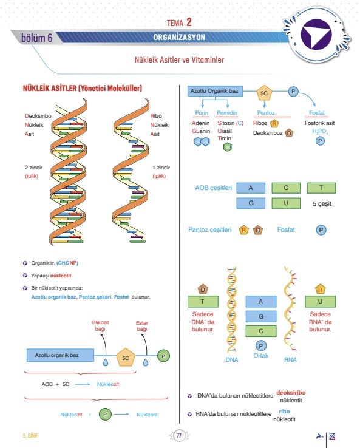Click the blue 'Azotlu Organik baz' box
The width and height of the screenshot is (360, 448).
tap(215, 91)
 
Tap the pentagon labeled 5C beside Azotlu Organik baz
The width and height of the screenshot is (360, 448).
tap(264, 93)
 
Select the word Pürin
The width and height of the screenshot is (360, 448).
tap(202, 113)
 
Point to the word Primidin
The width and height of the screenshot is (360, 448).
tap(227, 113)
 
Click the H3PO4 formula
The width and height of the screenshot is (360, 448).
tap(320, 132)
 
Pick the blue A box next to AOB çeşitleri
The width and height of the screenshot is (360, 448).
tap(251, 188)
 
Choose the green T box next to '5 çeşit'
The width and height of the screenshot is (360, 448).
tap(321, 188)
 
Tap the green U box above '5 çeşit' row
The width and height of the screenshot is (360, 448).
tap(286, 203)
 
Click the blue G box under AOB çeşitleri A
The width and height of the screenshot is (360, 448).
tap(251, 203)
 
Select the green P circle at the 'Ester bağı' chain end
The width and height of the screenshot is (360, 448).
tap(163, 356)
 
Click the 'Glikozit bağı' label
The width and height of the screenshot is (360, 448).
tap(100, 326)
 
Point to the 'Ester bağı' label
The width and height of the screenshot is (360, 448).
tap(141, 326)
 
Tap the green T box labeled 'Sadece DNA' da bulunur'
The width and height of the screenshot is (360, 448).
tap(203, 302)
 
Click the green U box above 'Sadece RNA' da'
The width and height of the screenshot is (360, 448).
tap(321, 302)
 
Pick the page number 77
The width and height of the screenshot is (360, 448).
tap(179, 436)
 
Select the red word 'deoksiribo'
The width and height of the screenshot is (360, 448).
tap(291, 393)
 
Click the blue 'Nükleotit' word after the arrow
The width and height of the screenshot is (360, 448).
tap(147, 415)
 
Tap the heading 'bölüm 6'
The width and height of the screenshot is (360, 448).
tap(37, 38)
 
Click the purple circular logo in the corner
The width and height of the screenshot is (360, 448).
tap(316, 34)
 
